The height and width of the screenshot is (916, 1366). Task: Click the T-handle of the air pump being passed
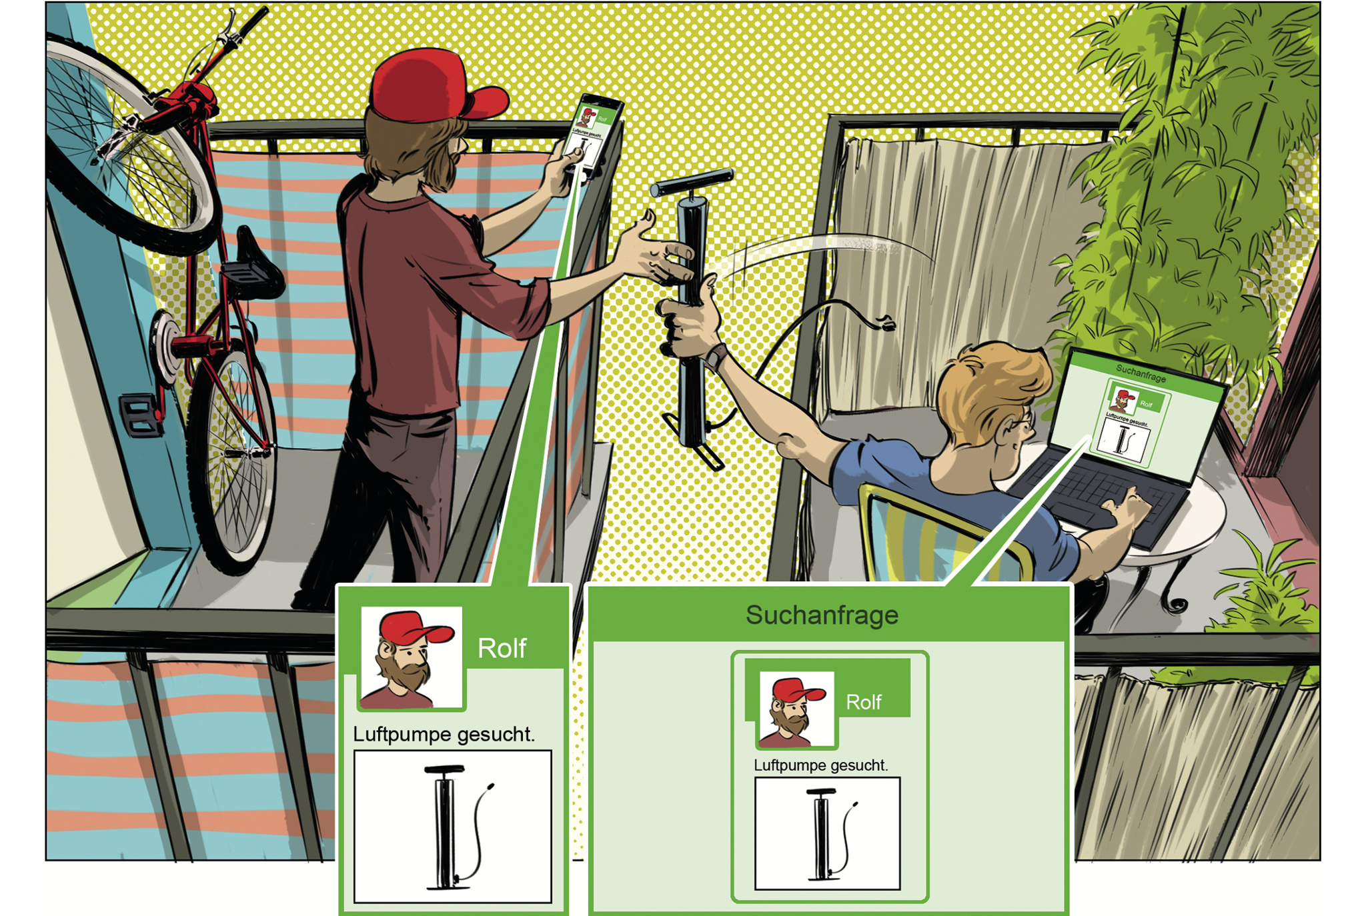(x=692, y=181)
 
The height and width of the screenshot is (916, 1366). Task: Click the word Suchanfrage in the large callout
(x=822, y=615)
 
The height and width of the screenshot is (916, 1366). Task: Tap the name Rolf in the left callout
(x=502, y=648)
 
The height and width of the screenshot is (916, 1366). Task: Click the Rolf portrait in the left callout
(x=411, y=657)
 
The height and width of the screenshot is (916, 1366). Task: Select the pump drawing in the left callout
(x=453, y=827)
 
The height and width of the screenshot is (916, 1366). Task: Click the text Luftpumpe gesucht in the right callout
(x=820, y=765)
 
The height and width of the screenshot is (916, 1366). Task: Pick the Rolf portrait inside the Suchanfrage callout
(x=796, y=709)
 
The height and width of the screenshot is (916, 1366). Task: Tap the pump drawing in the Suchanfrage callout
(x=827, y=833)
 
